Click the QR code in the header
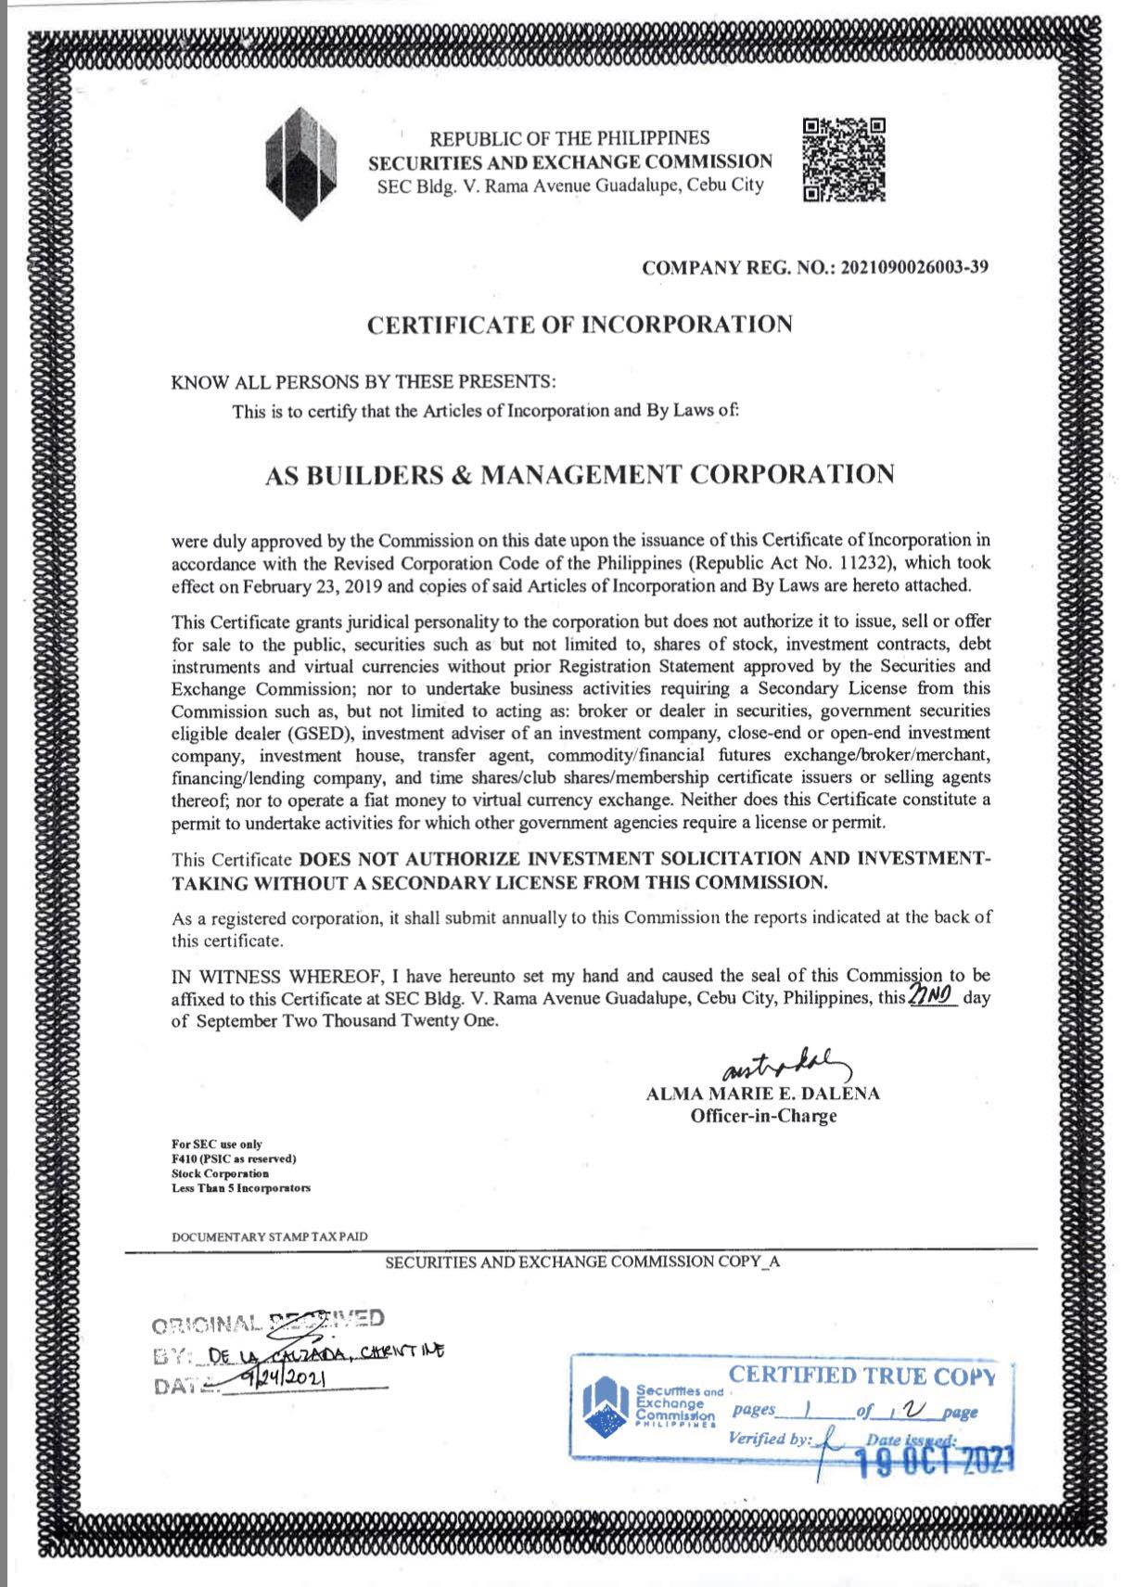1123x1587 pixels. tap(843, 159)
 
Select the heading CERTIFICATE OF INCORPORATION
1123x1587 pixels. tap(580, 325)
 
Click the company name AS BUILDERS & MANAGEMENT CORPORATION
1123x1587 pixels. tap(580, 474)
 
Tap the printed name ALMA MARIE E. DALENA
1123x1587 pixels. tap(762, 1094)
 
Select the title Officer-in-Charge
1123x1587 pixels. tap(762, 1116)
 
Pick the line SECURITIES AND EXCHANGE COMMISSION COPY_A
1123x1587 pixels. tap(581, 1261)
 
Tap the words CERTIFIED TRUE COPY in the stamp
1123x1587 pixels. tap(861, 1376)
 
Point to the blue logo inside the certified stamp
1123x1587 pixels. tap(606, 1410)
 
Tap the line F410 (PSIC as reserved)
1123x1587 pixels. tap(233, 1158)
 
